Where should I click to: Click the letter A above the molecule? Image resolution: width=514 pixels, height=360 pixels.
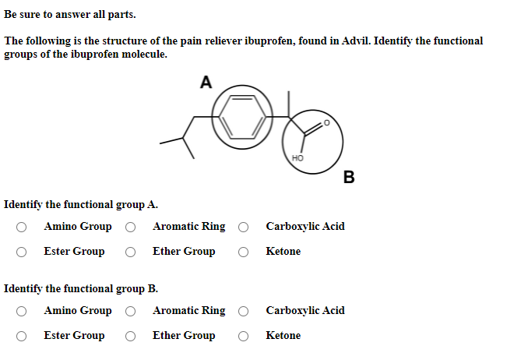(206, 82)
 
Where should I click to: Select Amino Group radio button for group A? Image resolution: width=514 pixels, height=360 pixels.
(24, 228)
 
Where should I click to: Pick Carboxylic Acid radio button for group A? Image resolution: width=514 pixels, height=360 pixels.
(245, 228)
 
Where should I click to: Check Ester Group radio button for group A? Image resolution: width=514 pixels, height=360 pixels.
(24, 252)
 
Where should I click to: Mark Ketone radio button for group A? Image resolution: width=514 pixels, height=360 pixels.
(245, 252)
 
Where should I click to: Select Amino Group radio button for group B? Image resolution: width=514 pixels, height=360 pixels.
(24, 311)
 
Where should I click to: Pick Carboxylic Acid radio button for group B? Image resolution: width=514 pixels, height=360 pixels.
(245, 311)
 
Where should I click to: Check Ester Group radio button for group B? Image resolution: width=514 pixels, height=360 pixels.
(24, 336)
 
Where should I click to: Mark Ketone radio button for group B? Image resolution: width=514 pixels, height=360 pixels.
(245, 336)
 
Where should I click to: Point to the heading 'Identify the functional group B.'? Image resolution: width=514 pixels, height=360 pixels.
(81, 288)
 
